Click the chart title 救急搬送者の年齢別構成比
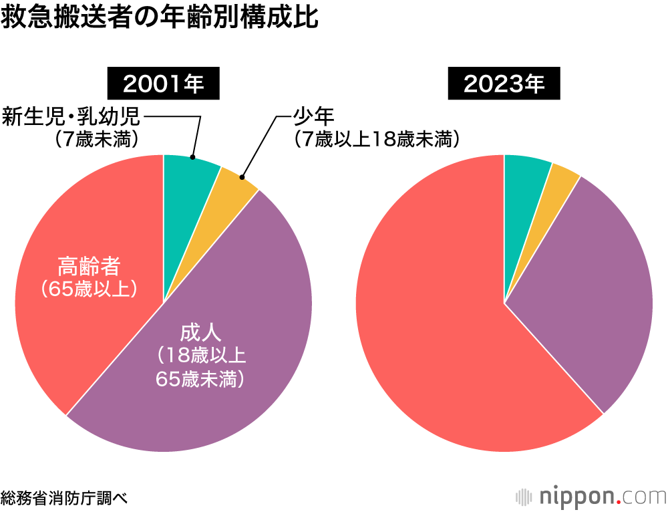[x=160, y=18]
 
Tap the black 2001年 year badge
[x=164, y=84]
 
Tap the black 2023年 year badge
[x=504, y=84]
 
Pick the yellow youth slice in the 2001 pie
[x=234, y=183]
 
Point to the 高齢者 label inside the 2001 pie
[x=89, y=267]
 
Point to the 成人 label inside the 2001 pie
[x=200, y=332]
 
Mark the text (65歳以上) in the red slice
[x=89, y=289]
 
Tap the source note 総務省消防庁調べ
[x=64, y=497]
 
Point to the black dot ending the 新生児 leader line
[x=193, y=158]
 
